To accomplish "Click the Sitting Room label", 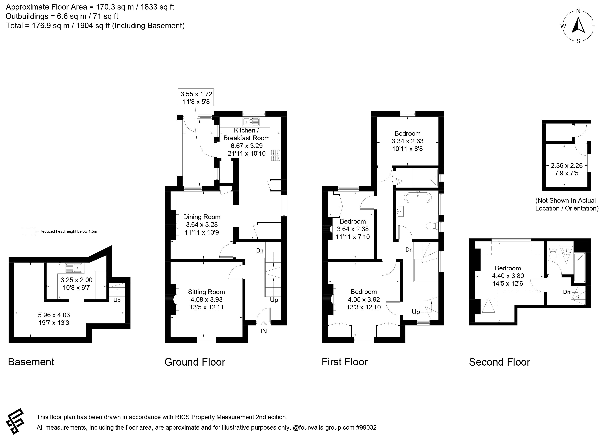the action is click(x=206, y=292).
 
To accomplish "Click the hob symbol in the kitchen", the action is click(x=276, y=156).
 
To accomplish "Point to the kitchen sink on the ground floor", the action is click(x=251, y=122).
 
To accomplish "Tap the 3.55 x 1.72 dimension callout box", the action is click(x=196, y=98).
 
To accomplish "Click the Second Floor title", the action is click(x=500, y=362).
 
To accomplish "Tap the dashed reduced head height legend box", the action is click(x=28, y=232).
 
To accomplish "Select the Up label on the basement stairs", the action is click(x=117, y=300).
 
